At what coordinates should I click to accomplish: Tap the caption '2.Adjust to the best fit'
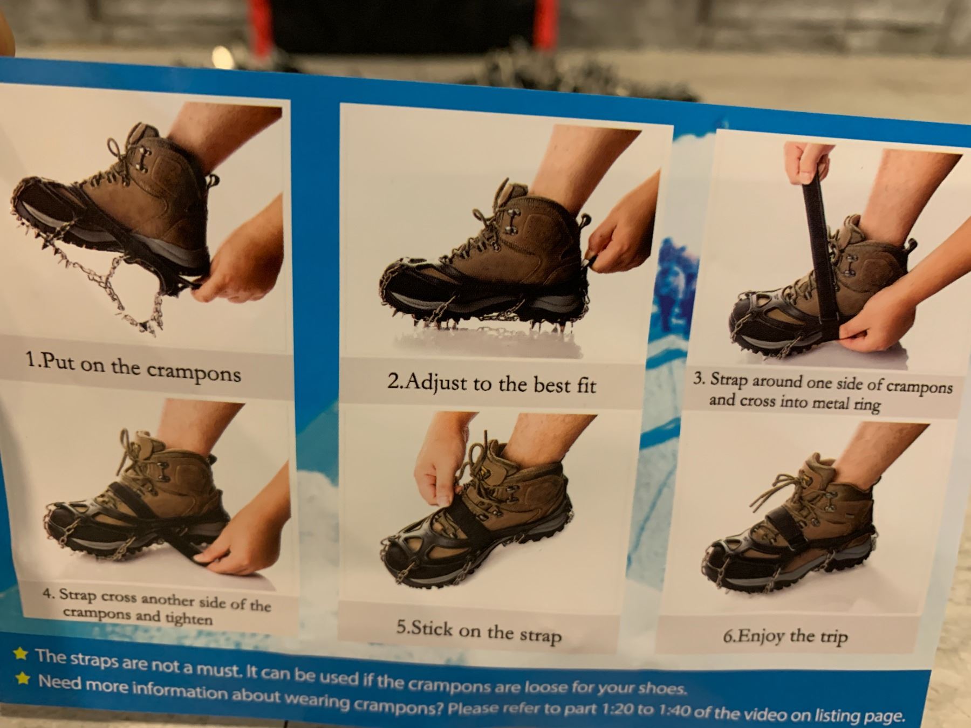coord(491,383)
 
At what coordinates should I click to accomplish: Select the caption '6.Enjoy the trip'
coord(785,636)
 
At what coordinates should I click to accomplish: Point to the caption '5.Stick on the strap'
coord(478,631)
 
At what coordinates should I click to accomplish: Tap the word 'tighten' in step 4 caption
coord(188,619)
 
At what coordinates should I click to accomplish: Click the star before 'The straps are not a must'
coord(21,654)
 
